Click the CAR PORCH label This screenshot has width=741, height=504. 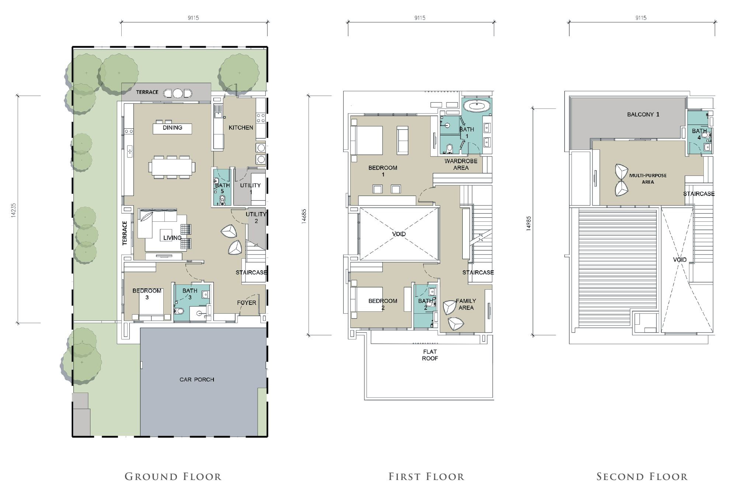click(197, 379)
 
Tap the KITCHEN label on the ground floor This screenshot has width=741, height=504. click(241, 128)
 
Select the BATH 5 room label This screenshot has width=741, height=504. click(222, 188)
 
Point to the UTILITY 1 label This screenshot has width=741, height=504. click(250, 189)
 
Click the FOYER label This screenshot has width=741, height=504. click(247, 303)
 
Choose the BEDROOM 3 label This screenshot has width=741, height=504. click(147, 294)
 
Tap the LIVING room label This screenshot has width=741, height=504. click(173, 238)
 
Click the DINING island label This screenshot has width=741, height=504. click(173, 128)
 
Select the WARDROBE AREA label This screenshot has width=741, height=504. click(461, 165)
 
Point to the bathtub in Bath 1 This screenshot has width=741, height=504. click(477, 106)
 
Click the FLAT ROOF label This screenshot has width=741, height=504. click(430, 355)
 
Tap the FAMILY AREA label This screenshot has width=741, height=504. click(466, 304)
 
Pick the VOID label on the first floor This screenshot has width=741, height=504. click(399, 234)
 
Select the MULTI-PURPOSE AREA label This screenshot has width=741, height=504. click(648, 179)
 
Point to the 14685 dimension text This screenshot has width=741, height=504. click(304, 216)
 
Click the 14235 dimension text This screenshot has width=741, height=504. click(13, 211)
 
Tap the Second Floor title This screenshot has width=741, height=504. click(642, 477)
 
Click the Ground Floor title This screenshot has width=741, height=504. click(173, 477)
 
